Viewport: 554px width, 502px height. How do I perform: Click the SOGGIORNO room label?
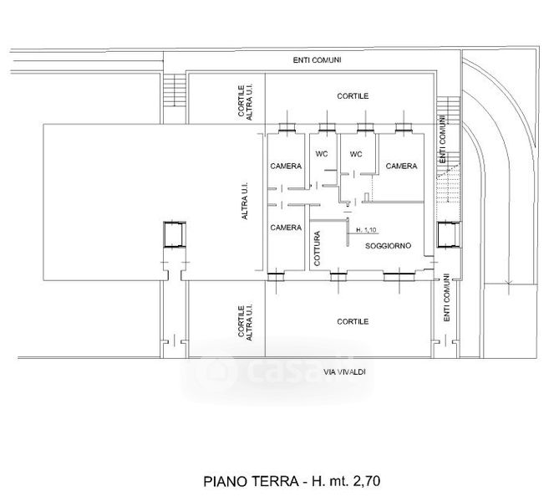click(388, 245)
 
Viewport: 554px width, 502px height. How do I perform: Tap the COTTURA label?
click(317, 248)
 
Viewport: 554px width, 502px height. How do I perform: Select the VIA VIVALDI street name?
click(344, 371)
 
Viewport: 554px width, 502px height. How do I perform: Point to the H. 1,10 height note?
click(366, 230)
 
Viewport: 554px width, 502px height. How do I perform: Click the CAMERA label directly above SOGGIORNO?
click(401, 166)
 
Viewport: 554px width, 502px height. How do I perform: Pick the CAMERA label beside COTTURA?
click(286, 228)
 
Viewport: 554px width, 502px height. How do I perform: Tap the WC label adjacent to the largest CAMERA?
click(356, 154)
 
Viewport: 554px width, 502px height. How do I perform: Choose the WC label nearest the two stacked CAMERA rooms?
click(322, 154)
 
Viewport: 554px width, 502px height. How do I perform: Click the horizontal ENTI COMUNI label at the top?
click(317, 60)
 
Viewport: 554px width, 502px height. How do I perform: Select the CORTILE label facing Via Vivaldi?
click(353, 321)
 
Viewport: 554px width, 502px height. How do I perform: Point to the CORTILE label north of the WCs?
click(353, 96)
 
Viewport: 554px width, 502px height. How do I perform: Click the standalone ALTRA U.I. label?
click(245, 201)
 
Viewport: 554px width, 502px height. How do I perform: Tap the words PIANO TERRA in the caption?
click(251, 481)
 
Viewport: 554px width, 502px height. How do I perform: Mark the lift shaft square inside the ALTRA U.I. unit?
click(175, 234)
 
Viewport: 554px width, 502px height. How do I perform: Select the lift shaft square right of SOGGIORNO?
click(449, 234)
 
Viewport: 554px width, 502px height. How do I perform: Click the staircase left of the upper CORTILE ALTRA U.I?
click(175, 90)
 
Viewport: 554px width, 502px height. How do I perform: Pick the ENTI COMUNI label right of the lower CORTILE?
click(446, 298)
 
